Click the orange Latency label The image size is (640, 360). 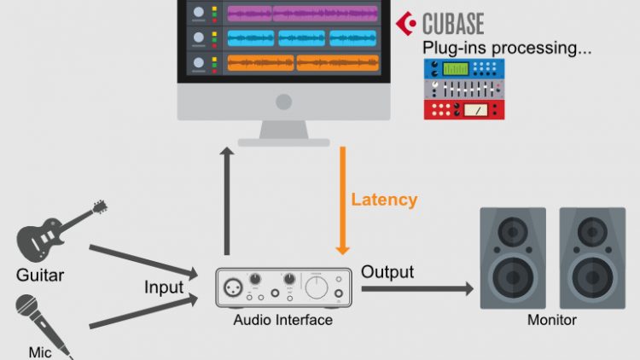(x=384, y=200)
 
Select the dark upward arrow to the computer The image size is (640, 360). (x=226, y=200)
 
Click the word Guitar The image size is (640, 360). (x=40, y=276)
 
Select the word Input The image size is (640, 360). (x=163, y=287)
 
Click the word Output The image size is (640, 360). (x=387, y=272)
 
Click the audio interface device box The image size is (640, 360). (x=284, y=288)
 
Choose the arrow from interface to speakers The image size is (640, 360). (x=418, y=289)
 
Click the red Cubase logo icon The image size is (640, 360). (x=408, y=22)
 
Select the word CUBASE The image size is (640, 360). (x=453, y=22)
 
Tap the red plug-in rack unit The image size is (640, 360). (x=465, y=109)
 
